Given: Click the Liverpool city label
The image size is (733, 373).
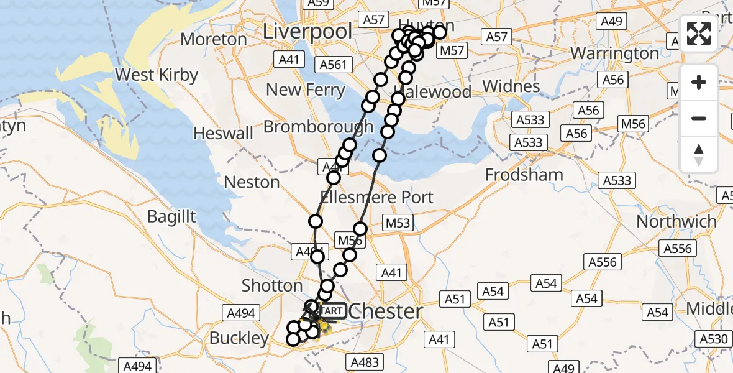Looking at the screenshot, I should point(307,31).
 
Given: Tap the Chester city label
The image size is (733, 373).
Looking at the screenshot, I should point(386,311).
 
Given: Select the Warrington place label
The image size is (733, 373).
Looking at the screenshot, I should point(614,53).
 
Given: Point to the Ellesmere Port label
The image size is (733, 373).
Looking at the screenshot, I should point(376,197).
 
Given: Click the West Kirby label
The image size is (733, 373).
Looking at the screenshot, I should point(157,75).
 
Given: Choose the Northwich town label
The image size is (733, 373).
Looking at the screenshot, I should point(676,221).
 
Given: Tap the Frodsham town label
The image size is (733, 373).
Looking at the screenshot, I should point(524,175).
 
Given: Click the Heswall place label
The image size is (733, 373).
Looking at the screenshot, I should point(224,133).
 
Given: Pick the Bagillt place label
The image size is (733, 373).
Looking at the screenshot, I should point(172,216).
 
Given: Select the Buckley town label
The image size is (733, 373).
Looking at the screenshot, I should point(239,338).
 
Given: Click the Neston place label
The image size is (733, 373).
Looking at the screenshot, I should point(252,182).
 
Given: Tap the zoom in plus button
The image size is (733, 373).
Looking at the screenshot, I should point(699,82).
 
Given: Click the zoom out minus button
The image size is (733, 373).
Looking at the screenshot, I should point(699,118).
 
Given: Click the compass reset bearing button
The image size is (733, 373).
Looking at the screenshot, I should point(699,154).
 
